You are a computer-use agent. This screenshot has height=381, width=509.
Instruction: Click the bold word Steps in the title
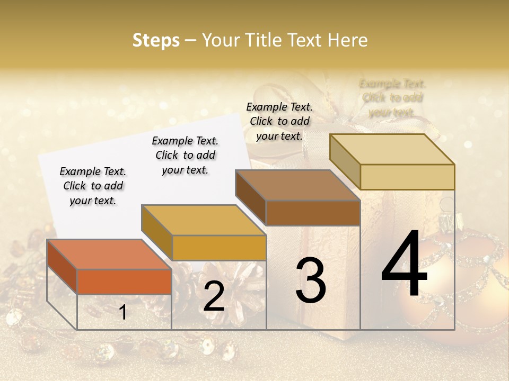coord(156,40)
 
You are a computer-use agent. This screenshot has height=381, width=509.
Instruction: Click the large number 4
coord(404,266)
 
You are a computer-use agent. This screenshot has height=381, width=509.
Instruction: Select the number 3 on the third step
coord(310,280)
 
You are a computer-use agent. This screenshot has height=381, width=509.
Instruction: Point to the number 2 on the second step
coord(214,297)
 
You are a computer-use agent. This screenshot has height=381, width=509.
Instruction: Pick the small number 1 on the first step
coord(122,313)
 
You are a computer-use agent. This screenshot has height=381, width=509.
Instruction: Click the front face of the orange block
coord(124,282)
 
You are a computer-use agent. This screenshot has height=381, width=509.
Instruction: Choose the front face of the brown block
coord(313,213)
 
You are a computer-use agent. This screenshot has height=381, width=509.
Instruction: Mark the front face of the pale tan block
coord(407,177)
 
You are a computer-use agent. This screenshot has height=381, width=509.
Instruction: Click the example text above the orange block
coord(93,186)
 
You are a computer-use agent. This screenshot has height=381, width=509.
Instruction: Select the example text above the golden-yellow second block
coord(185,155)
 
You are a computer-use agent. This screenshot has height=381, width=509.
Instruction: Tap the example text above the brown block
coord(279,121)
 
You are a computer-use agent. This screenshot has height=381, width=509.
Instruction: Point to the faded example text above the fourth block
coord(392,98)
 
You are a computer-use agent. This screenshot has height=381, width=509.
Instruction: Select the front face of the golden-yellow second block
coord(218,248)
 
